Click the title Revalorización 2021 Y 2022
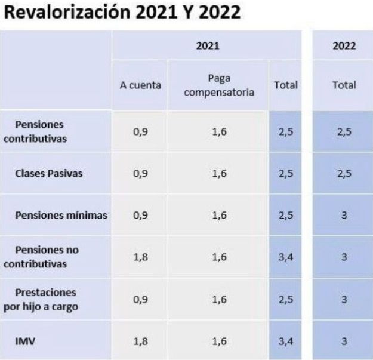122,13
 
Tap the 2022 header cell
344,45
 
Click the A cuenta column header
140,85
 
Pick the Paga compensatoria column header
219,85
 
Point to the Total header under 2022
344,85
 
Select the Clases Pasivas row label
49,174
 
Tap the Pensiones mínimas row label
61,215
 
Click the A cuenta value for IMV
140,340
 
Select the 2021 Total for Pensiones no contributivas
286,257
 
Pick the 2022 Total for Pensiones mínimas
344,215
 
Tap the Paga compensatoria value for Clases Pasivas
219,174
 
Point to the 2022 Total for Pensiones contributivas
344,132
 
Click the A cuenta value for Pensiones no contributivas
140,257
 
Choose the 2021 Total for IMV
286,340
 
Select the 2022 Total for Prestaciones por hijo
344,299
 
